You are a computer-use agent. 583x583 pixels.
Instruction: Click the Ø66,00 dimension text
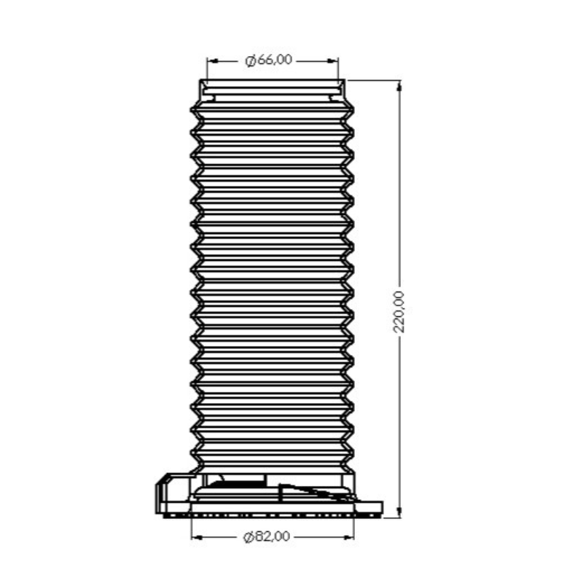[x=268, y=60]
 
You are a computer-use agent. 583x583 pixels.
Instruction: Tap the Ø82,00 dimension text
[x=266, y=537]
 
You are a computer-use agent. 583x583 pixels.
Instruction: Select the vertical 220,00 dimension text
[x=399, y=312]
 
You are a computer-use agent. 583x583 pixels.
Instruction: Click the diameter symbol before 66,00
[x=251, y=60]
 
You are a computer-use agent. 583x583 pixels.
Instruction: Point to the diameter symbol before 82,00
[x=249, y=537]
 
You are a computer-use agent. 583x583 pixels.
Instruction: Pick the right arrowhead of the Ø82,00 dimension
[x=348, y=537]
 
